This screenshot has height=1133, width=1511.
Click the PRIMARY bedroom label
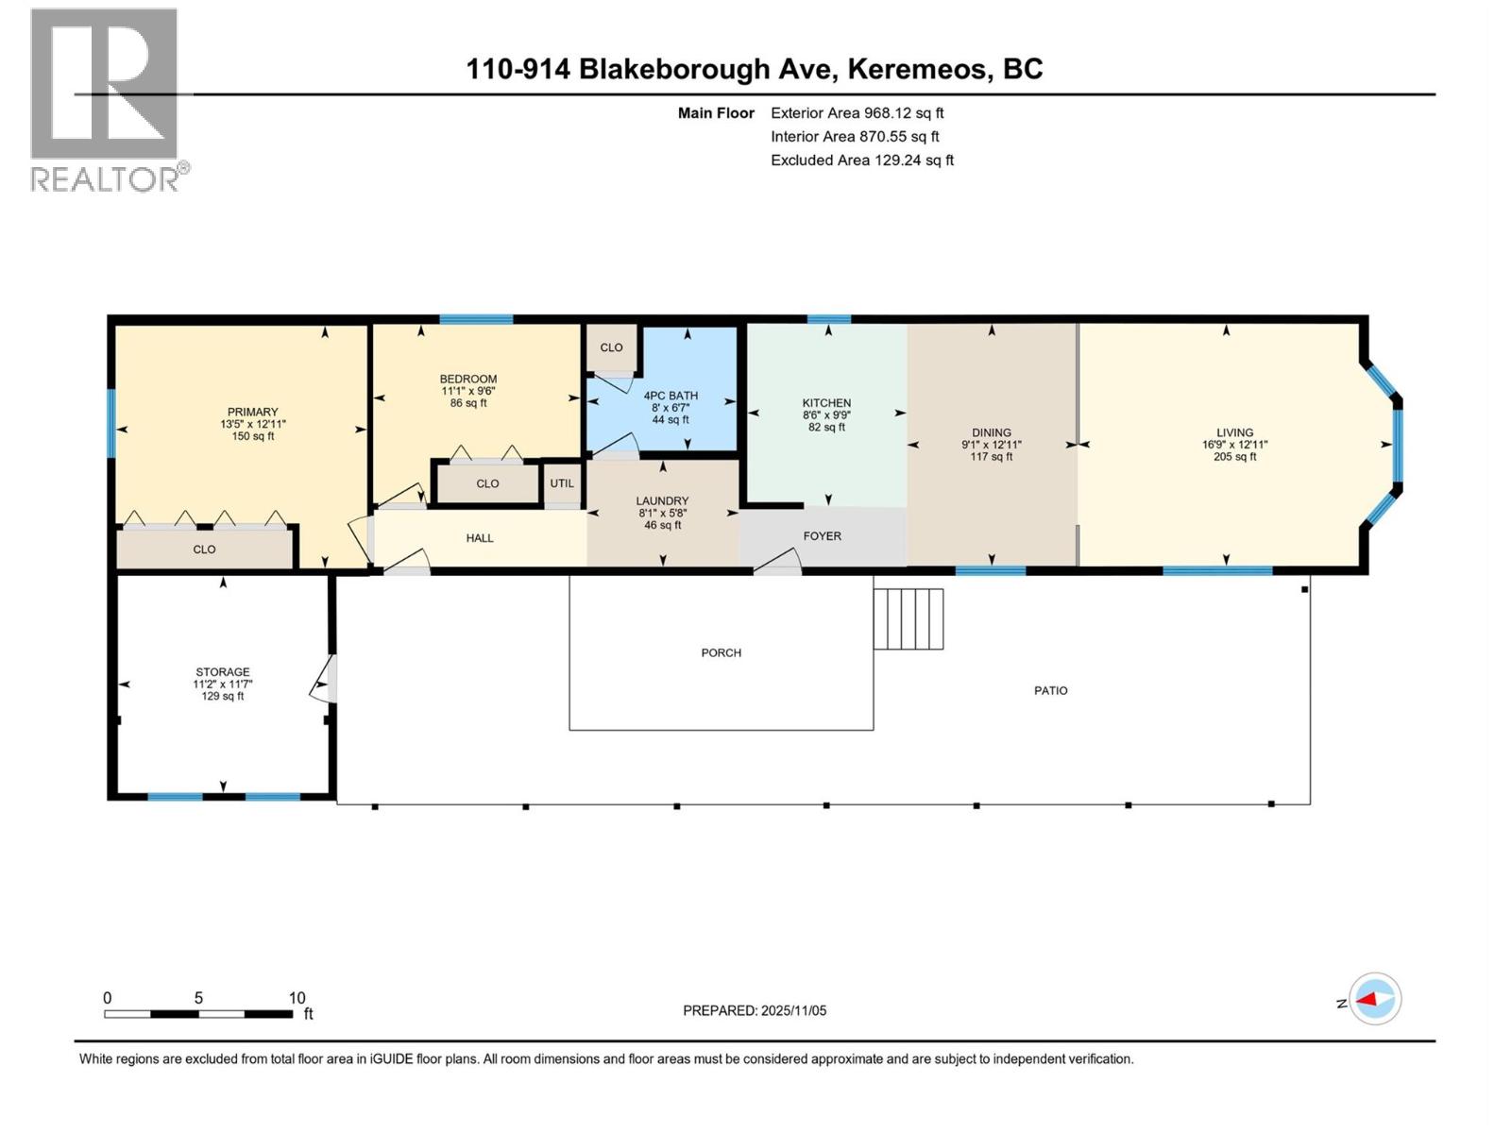point(252,412)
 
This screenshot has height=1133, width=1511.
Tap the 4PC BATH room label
point(671,396)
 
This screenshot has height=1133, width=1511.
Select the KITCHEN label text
point(826,403)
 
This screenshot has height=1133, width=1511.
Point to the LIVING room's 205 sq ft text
point(1234,457)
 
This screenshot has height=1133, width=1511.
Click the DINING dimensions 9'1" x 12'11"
point(992,445)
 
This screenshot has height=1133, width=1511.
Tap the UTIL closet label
point(562,483)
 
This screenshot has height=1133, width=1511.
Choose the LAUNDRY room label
point(662,501)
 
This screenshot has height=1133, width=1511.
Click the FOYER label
point(822,536)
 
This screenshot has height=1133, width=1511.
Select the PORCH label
point(721,653)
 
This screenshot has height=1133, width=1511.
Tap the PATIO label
point(1050,691)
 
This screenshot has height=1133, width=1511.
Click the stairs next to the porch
point(908,618)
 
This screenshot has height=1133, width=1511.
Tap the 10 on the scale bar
point(297,998)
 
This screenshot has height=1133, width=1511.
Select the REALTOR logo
point(105,99)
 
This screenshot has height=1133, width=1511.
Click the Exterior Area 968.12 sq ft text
point(857,113)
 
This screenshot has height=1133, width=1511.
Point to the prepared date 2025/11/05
point(792,1010)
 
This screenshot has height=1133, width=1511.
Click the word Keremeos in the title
point(917,69)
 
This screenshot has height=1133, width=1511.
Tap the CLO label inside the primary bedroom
point(204,550)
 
